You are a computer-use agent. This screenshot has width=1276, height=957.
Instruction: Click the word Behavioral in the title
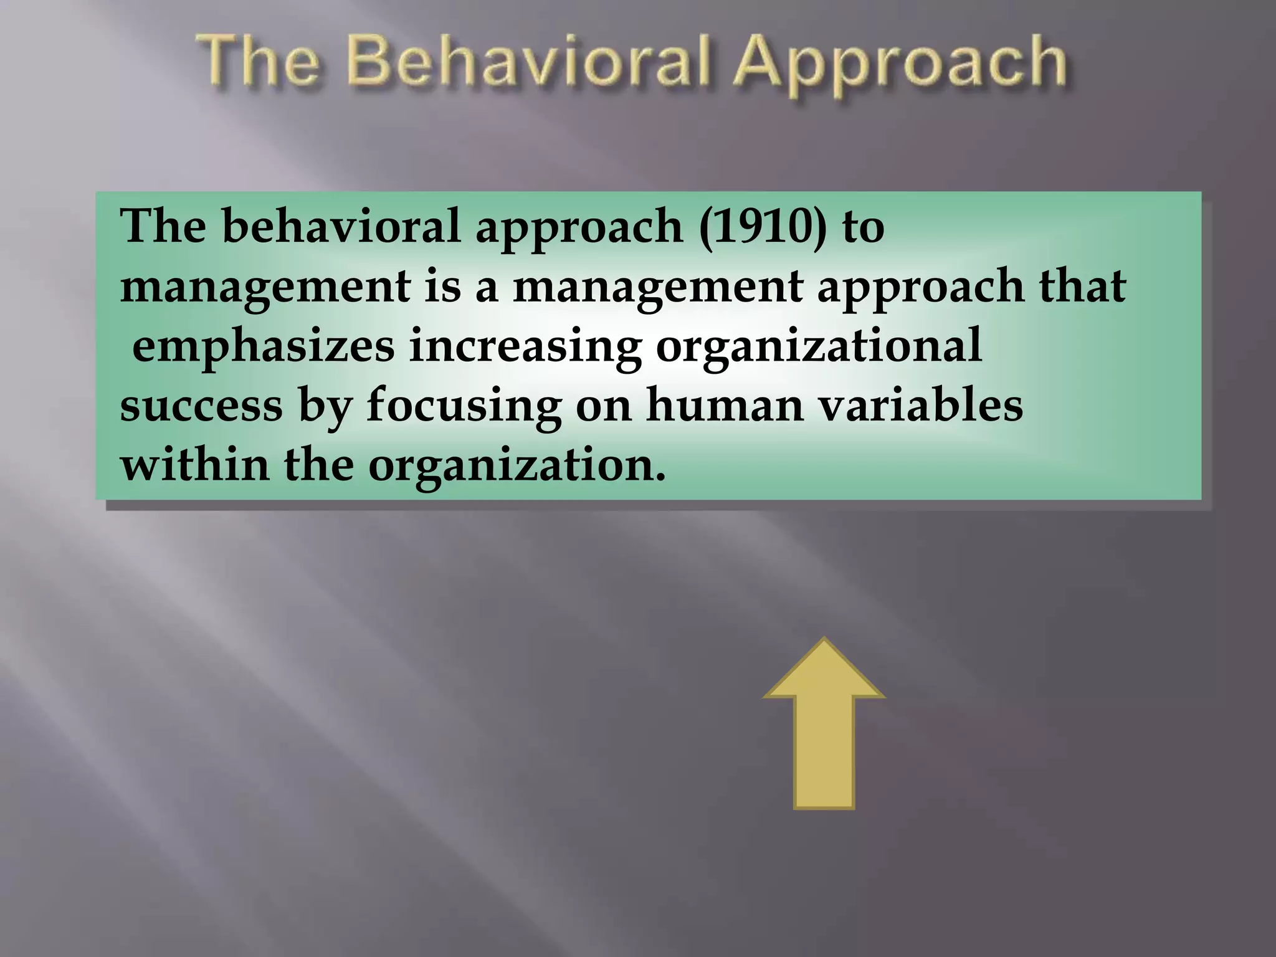[x=533, y=63]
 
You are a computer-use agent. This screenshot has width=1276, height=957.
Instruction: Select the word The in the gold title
[x=262, y=63]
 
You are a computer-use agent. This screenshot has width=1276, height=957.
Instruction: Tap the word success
[x=201, y=406]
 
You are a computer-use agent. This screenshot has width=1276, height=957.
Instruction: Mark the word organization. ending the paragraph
[x=517, y=467]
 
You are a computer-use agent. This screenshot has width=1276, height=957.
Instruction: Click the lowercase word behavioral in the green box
[x=341, y=226]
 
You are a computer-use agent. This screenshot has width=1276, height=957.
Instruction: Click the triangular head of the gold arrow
[x=824, y=673]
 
